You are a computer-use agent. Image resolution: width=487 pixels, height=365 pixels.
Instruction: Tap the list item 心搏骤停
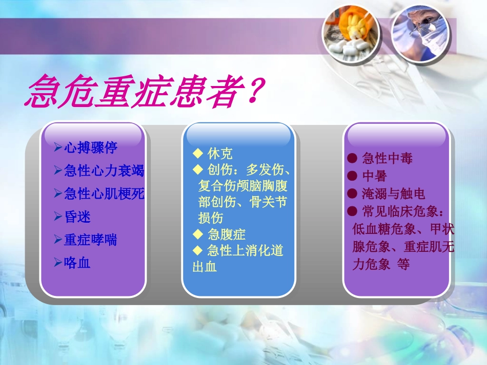(90, 148)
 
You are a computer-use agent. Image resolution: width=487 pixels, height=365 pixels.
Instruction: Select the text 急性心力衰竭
(104, 170)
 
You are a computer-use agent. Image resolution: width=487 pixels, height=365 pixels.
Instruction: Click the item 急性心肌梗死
(104, 194)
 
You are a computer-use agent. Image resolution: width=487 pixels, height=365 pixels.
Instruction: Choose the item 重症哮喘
(90, 240)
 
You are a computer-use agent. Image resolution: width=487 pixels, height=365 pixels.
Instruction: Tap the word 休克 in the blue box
(220, 153)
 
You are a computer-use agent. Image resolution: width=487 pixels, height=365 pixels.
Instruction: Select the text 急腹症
(227, 234)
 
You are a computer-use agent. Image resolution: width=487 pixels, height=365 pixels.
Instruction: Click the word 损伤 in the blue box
(211, 218)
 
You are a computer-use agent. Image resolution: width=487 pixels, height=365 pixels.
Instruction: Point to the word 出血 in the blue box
(205, 267)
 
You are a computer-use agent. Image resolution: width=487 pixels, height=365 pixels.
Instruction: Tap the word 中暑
(375, 176)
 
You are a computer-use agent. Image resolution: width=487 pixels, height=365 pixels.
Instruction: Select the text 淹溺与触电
(393, 194)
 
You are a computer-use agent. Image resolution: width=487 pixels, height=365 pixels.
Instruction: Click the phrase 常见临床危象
(400, 211)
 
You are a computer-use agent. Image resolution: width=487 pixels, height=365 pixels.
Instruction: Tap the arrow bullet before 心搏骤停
(58, 148)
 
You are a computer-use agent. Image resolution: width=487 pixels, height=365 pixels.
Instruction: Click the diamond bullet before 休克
(198, 153)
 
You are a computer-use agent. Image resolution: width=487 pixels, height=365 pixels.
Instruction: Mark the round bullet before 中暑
(352, 176)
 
